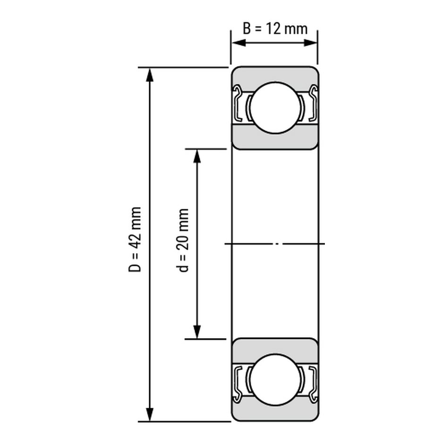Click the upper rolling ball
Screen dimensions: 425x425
(x=275, y=108)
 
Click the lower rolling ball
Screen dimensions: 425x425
(x=275, y=380)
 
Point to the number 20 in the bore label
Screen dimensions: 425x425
(x=183, y=244)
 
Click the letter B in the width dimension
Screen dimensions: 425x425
(x=246, y=29)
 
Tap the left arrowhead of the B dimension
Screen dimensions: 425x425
(x=239, y=43)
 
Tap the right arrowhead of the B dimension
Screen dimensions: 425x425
(x=310, y=43)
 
